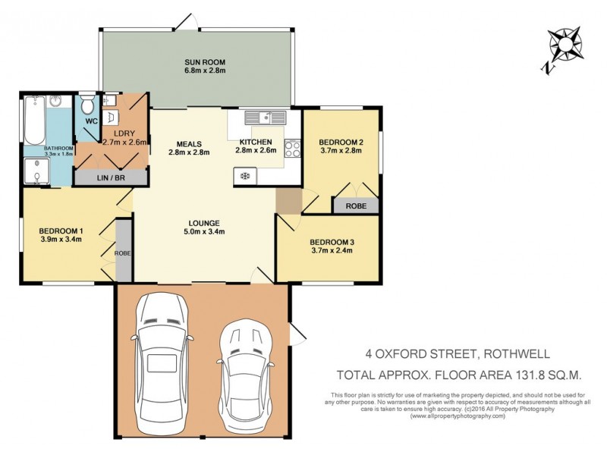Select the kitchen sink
pyautogui.click(x=265, y=118)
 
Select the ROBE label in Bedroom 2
pyautogui.click(x=355, y=205)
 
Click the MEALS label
pyautogui.click(x=188, y=142)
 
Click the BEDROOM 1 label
pyautogui.click(x=60, y=231)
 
